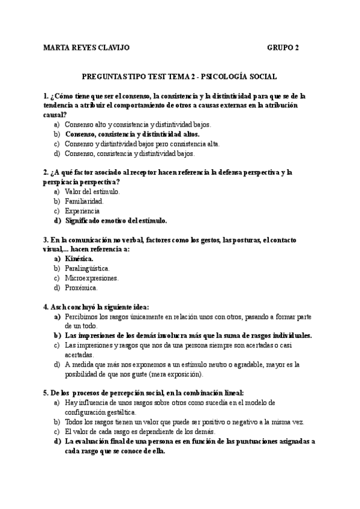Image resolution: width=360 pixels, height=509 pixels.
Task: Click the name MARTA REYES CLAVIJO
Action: point(86,48)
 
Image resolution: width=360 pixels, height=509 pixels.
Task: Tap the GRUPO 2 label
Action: point(284,48)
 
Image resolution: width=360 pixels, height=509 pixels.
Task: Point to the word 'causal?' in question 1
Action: point(55,114)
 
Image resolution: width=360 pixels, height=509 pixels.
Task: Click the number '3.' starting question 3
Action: point(46,239)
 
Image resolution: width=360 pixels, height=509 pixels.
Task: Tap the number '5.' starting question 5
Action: point(46,393)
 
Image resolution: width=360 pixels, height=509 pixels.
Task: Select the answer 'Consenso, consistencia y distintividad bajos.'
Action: point(130,154)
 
